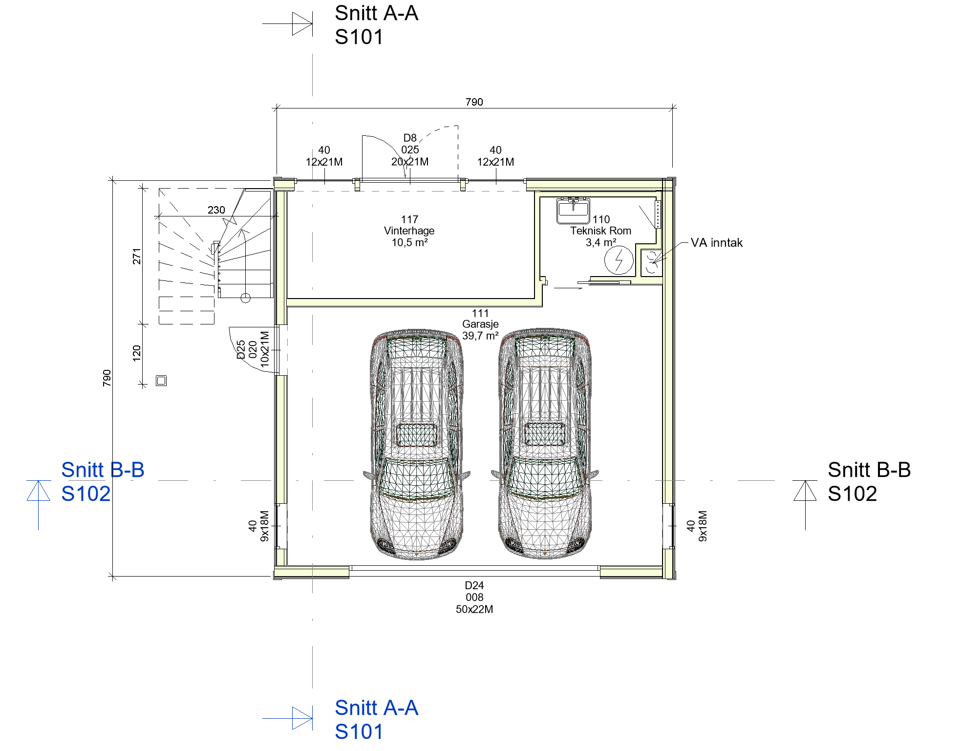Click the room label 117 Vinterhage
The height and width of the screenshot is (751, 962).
click(x=409, y=231)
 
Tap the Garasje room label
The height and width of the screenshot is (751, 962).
click(x=480, y=324)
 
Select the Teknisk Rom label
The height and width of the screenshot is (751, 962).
click(x=600, y=231)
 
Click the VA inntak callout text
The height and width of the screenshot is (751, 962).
click(x=716, y=243)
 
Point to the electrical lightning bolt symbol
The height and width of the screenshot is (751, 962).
click(x=619, y=259)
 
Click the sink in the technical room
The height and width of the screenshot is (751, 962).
click(x=573, y=210)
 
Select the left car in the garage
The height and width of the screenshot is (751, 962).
click(x=417, y=444)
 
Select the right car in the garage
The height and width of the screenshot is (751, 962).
click(x=545, y=444)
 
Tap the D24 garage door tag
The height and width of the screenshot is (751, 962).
click(x=474, y=597)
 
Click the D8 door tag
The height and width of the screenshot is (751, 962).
click(x=410, y=150)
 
